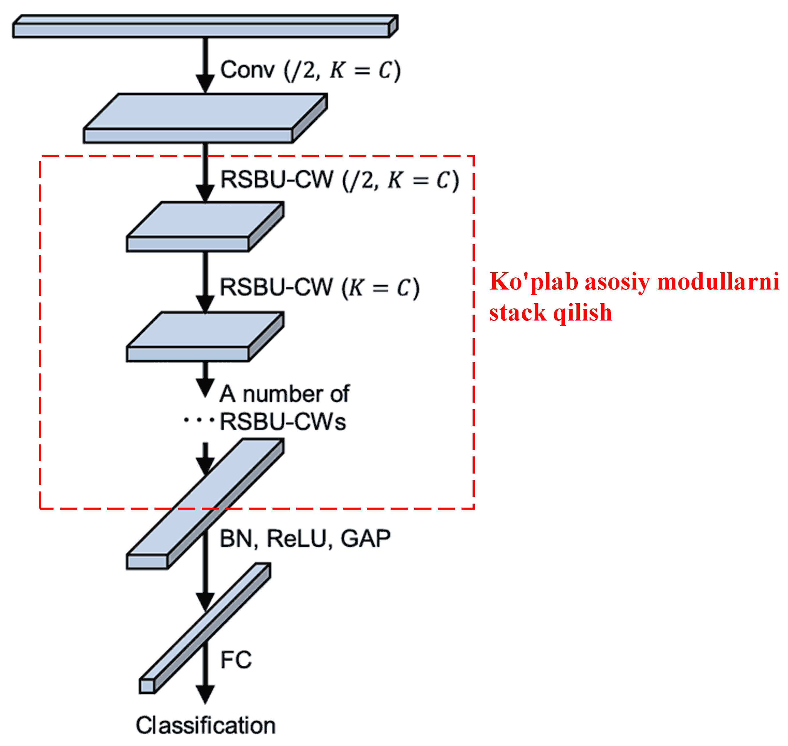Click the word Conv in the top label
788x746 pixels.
(247, 70)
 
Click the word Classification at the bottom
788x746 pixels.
(206, 725)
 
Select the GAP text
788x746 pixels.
(365, 539)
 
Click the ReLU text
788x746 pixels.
(296, 539)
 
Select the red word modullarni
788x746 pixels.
(718, 281)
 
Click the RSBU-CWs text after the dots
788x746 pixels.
(283, 421)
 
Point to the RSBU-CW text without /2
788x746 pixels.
(276, 287)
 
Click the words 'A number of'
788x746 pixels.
(284, 394)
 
